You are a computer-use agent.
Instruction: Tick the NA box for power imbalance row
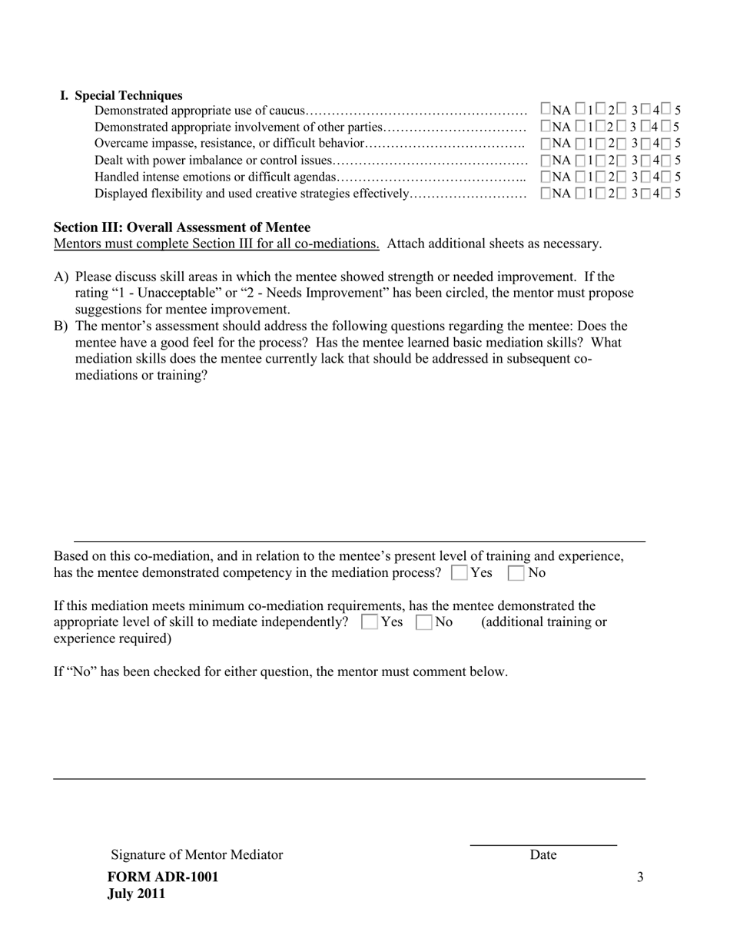546,160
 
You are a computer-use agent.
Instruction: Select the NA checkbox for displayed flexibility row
546,193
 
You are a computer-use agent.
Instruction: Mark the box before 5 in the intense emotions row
666,177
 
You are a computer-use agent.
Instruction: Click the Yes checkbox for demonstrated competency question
460,573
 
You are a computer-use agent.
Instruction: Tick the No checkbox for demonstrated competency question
516,573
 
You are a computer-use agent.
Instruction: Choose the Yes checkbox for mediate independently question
369,622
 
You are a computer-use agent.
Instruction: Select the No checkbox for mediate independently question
423,622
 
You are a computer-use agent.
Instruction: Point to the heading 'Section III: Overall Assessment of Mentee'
182,227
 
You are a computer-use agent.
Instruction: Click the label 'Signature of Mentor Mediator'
197,854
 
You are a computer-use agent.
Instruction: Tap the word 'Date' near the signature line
543,854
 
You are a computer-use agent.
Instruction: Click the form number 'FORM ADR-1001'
163,877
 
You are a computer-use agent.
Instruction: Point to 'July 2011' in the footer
136,894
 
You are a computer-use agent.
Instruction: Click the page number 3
640,877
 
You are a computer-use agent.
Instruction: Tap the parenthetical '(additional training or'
543,622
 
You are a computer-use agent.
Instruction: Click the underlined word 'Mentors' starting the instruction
77,244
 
